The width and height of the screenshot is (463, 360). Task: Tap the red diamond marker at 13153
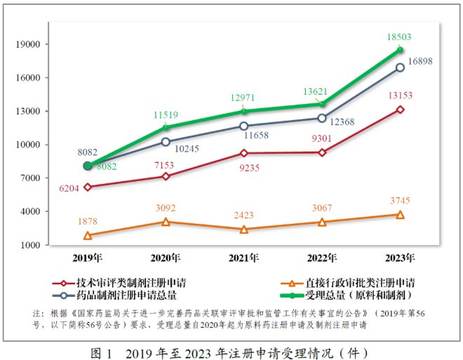pos(400,109)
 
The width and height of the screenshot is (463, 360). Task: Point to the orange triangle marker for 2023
pos(400,215)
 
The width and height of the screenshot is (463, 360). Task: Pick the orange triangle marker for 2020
pos(166,222)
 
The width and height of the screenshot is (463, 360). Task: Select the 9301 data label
pos(321,138)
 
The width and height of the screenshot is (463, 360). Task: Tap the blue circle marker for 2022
pos(322,118)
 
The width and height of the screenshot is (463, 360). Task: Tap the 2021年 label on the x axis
pos(243,258)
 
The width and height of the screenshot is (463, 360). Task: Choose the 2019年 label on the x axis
pos(87,258)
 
